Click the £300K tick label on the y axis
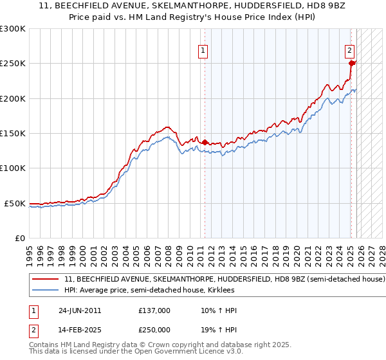point(13,29)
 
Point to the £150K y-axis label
point(13,134)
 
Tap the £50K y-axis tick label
point(15,203)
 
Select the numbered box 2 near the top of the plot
point(349,50)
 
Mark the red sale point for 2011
point(205,142)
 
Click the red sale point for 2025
point(351,63)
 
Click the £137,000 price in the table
point(154,310)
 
